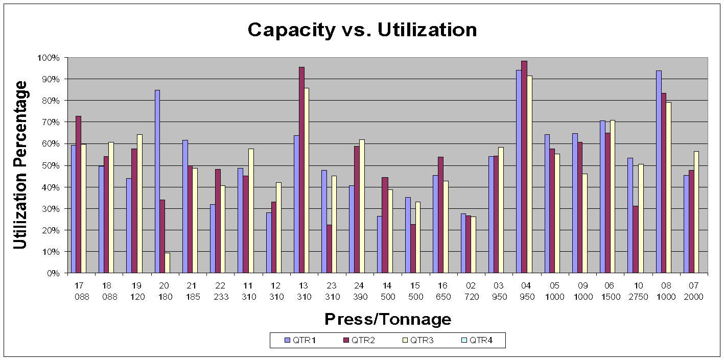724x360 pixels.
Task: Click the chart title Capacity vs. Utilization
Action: click(362, 30)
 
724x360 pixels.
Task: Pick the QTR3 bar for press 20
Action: click(167, 262)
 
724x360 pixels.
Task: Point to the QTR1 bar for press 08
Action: click(658, 172)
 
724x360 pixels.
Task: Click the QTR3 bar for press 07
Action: click(696, 212)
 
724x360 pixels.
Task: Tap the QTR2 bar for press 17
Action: click(79, 195)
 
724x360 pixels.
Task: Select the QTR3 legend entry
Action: click(418, 340)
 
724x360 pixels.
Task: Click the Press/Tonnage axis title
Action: click(388, 319)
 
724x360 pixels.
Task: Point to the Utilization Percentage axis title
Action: click(20, 165)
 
